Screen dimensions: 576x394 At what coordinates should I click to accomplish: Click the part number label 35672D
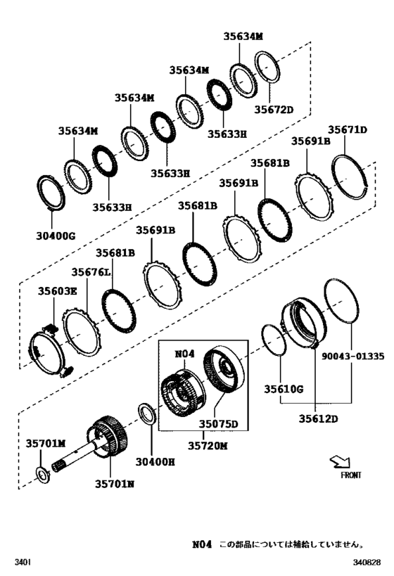tap(273, 110)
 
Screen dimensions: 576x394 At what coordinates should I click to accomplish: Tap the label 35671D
tap(348, 129)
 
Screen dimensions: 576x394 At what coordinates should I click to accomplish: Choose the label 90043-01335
tap(353, 357)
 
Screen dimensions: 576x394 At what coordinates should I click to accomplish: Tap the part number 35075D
tap(218, 424)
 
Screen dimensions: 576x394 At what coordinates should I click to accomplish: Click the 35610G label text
tap(284, 388)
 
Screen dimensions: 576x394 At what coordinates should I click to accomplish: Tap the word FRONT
tap(351, 475)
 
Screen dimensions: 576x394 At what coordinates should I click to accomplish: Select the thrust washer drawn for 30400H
tap(147, 414)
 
